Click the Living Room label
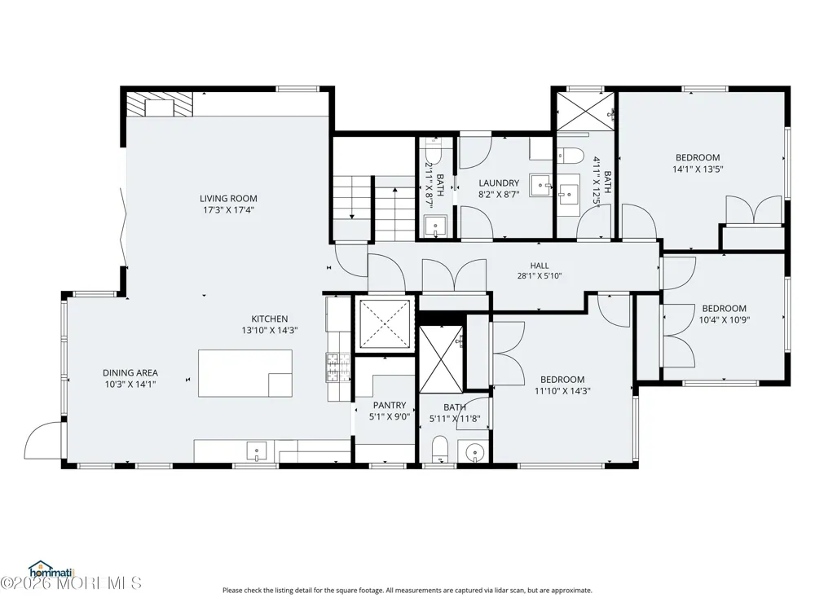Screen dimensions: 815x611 (228, 198)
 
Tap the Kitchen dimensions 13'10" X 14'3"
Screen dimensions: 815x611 (269, 330)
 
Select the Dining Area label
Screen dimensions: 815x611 (130, 372)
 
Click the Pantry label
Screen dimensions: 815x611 (390, 405)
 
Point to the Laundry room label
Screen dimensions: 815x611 (499, 182)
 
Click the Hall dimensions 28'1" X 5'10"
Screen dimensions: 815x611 (540, 276)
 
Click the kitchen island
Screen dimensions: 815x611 (244, 373)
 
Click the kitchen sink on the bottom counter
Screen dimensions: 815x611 (256, 451)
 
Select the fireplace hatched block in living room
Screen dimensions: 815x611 (160, 104)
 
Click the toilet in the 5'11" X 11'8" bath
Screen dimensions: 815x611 (440, 449)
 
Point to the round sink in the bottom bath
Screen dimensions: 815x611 (474, 452)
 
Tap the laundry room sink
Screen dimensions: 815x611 (541, 186)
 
